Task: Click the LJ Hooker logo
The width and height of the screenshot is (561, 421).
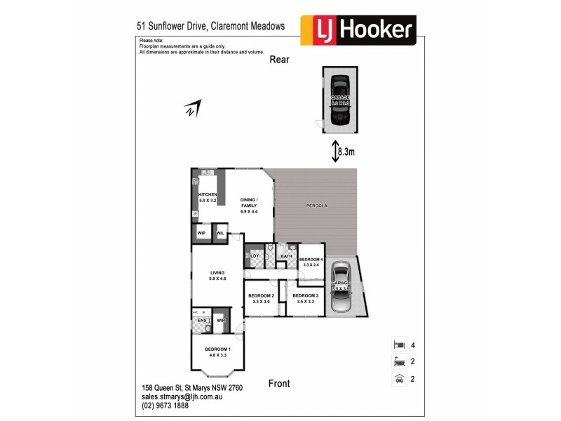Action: pyautogui.click(x=358, y=29)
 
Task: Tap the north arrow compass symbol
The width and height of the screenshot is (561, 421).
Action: pyautogui.click(x=192, y=109)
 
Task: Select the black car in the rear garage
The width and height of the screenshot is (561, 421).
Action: pyautogui.click(x=340, y=100)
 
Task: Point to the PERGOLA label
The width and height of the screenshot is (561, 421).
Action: pyautogui.click(x=317, y=206)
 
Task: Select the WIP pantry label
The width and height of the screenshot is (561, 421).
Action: pyautogui.click(x=201, y=232)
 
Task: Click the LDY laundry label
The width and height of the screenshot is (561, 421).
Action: pyautogui.click(x=255, y=256)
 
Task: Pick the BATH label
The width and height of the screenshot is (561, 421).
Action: pyautogui.click(x=286, y=256)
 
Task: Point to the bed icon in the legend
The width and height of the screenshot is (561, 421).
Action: pyautogui.click(x=398, y=345)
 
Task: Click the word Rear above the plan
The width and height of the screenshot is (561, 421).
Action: pyautogui.click(x=280, y=60)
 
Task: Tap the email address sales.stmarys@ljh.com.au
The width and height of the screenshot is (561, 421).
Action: pyautogui.click(x=182, y=396)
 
